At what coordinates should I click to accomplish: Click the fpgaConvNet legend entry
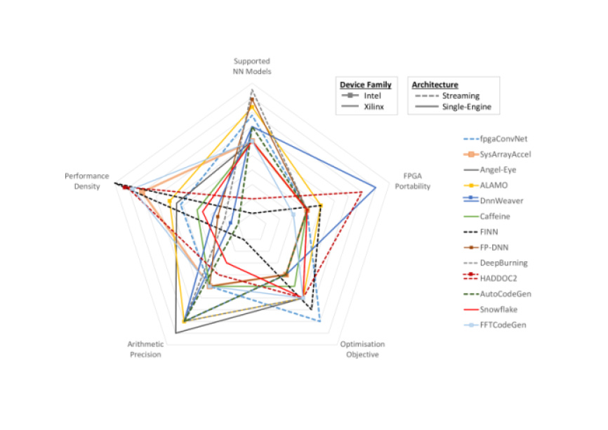[x=499, y=138]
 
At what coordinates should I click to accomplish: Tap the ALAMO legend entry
[x=494, y=185]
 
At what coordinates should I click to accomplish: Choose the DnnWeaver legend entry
[x=499, y=200]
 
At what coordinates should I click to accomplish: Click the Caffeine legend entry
[x=495, y=216]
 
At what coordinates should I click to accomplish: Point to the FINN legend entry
[x=489, y=231]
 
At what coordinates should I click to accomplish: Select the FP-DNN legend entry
[x=494, y=247]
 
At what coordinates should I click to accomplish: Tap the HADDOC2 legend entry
[x=498, y=278]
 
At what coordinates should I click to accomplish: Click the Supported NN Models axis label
[x=252, y=66]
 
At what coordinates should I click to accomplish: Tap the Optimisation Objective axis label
[x=362, y=349]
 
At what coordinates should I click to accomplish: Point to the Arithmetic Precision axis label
[x=145, y=349]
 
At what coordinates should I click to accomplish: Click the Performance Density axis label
[x=87, y=181]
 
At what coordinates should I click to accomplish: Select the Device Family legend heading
[x=366, y=84]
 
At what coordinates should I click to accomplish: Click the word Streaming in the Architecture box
[x=461, y=96]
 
